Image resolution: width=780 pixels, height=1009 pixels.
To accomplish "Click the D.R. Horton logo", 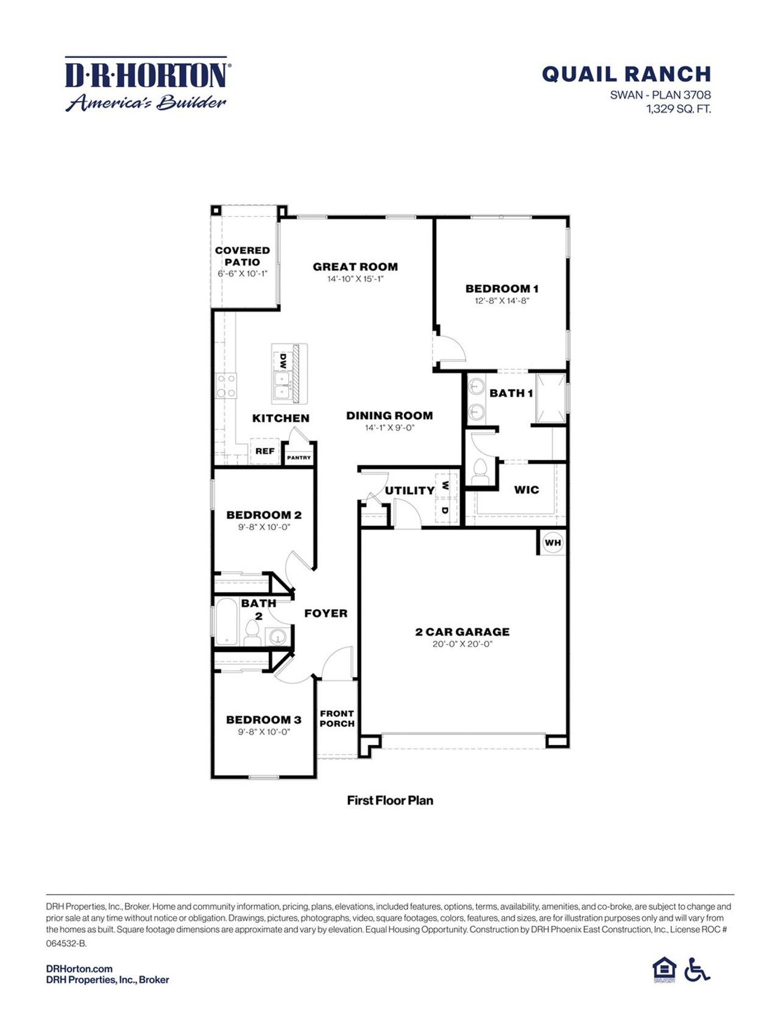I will (x=146, y=84).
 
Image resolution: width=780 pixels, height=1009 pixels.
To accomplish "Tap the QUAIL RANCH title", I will (x=626, y=74).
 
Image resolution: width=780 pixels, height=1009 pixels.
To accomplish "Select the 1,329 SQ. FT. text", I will (x=678, y=110).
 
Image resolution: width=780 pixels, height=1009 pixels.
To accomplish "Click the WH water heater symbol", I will (x=553, y=542).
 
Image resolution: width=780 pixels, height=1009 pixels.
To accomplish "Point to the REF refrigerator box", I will (x=264, y=451).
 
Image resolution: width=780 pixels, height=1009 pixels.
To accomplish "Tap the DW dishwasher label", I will (x=283, y=361).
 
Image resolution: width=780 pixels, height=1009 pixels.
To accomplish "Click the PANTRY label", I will (x=299, y=458).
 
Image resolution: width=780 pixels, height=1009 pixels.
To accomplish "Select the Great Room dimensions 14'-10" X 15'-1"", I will (x=355, y=279).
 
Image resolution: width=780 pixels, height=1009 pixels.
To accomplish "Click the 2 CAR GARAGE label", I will (x=462, y=632).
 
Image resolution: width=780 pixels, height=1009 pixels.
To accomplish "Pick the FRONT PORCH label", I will (x=337, y=718).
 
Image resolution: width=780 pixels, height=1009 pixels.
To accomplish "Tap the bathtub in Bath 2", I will (x=226, y=621).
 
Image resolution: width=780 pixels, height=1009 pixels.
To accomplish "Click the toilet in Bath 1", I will (x=480, y=473).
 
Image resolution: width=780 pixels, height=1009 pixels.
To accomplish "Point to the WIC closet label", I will (x=526, y=490).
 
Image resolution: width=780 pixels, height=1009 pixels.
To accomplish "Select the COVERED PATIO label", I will (x=242, y=256).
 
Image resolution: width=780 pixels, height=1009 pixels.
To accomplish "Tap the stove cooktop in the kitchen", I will (x=226, y=386).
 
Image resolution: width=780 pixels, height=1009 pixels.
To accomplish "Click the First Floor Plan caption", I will (x=390, y=801).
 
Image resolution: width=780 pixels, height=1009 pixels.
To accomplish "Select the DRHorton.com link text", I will (x=79, y=969).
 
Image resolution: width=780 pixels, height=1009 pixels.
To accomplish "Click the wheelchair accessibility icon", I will (x=697, y=969).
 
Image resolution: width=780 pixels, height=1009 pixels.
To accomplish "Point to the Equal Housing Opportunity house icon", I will (x=664, y=969).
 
